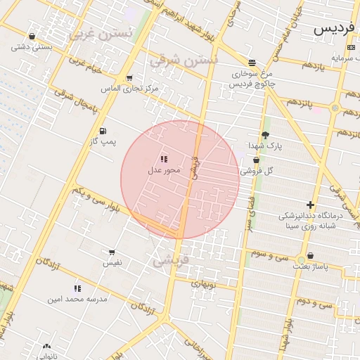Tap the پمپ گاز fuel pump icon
point(103,131)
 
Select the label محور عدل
point(164,170)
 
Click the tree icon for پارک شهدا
point(265,135)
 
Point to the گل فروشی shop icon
point(256,160)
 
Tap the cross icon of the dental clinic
point(310,205)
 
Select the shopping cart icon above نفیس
point(112,252)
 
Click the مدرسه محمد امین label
point(77,299)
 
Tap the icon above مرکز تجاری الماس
point(129,78)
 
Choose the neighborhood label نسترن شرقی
point(184,61)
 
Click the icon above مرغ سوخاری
point(252,63)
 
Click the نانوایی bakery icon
point(46,346)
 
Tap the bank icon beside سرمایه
point(351,47)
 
